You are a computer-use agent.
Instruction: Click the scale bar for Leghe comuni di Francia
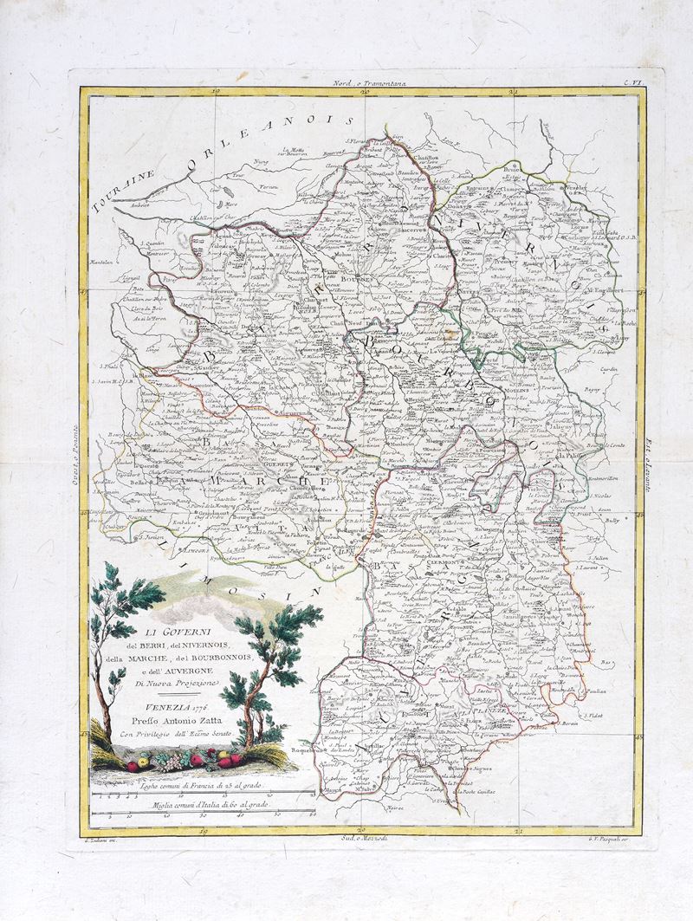[203, 792]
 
